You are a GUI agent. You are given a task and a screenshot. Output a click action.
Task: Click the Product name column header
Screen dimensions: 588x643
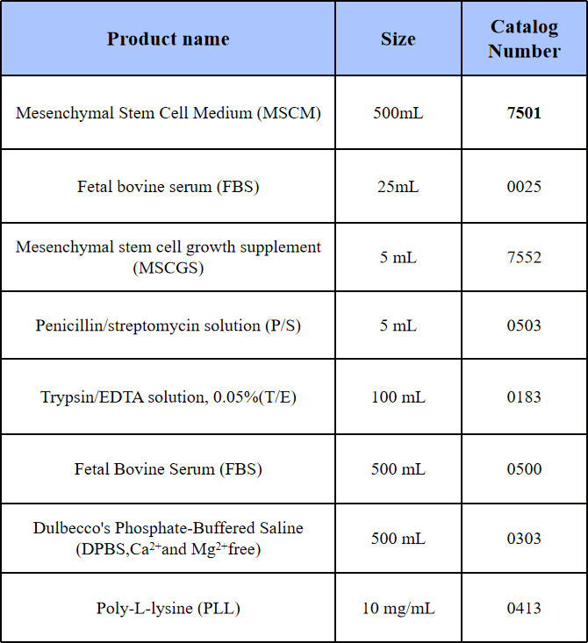click(169, 39)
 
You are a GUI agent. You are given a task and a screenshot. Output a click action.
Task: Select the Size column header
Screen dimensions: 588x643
click(398, 39)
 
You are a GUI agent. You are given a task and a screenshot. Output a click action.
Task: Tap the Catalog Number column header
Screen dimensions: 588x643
click(524, 39)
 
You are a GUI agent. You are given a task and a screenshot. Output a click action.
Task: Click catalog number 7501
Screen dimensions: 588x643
click(524, 113)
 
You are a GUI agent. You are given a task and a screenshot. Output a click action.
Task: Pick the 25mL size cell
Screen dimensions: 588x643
click(398, 187)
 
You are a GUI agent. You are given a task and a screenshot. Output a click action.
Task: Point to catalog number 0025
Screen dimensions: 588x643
click(524, 187)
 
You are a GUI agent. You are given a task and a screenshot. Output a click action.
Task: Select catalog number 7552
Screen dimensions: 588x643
click(524, 257)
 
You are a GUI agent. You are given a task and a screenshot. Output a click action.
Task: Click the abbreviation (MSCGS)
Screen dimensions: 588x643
click(169, 268)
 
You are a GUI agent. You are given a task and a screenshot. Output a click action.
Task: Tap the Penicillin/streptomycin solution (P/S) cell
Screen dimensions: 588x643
click(169, 325)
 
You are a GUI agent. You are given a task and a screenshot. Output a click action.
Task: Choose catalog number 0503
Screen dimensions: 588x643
click(524, 325)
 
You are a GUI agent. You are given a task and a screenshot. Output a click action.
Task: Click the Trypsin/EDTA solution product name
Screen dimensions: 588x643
click(169, 397)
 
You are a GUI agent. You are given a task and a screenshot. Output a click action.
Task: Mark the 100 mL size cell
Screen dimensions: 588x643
click(398, 397)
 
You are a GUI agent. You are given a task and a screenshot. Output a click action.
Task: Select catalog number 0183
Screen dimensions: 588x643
click(524, 397)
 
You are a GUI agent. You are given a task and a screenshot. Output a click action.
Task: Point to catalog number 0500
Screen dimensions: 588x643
click(524, 468)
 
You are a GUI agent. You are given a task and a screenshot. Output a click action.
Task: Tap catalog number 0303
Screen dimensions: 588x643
click(524, 539)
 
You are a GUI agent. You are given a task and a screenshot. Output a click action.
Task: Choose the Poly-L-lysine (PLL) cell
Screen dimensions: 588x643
click(169, 608)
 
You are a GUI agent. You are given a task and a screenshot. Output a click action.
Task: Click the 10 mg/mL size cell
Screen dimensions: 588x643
click(398, 608)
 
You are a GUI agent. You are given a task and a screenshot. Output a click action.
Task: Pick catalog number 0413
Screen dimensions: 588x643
click(524, 608)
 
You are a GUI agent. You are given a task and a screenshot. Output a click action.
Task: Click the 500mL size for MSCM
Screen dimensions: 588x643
click(398, 113)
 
